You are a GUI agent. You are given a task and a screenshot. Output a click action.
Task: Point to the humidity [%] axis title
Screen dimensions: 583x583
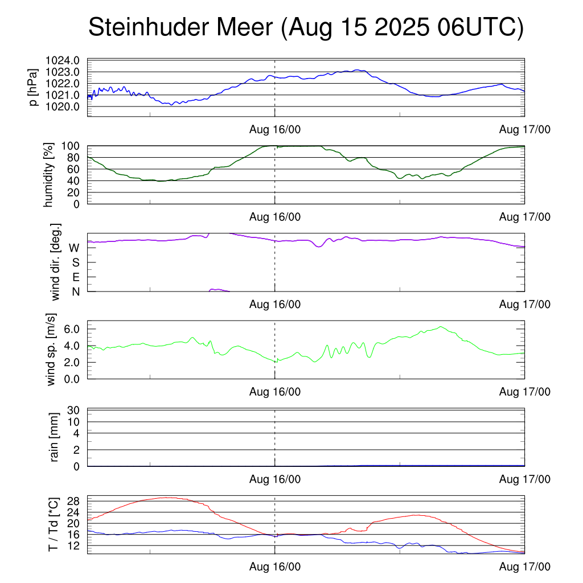(49, 174)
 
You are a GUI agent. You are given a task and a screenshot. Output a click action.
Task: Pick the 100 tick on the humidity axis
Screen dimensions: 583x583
(74, 146)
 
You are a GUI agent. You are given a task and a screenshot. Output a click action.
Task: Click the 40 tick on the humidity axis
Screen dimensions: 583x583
(77, 180)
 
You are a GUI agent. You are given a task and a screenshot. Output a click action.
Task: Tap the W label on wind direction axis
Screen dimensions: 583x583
(74, 248)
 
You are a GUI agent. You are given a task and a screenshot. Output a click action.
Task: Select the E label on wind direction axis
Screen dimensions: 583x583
(75, 277)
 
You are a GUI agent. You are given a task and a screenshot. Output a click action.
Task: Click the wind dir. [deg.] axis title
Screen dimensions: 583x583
(55, 262)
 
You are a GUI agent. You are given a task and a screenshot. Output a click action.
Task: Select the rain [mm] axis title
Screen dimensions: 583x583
(55, 437)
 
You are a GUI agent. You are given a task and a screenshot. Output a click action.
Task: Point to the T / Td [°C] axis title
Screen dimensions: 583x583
(53, 524)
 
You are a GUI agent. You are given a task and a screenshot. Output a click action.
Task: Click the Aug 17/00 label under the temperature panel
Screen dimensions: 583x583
(525, 567)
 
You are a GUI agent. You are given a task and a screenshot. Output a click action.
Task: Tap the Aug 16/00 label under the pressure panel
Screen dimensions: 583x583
(275, 129)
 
